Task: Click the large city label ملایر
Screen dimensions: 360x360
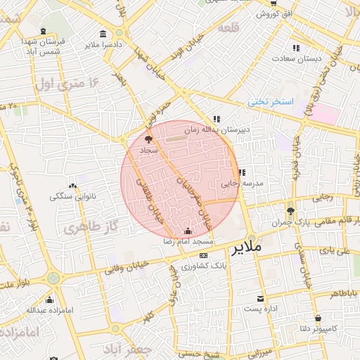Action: [245, 249]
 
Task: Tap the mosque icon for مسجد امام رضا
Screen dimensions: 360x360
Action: [187, 231]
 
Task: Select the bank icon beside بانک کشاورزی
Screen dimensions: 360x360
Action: [204, 255]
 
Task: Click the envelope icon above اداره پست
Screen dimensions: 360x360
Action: [261, 299]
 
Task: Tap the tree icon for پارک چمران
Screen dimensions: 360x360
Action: [290, 211]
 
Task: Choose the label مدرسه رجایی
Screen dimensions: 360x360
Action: [242, 183]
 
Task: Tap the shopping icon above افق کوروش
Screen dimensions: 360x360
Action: [273, 4]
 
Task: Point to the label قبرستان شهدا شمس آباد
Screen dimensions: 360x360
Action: [44, 46]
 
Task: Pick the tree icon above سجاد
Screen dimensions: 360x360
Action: [147, 140]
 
